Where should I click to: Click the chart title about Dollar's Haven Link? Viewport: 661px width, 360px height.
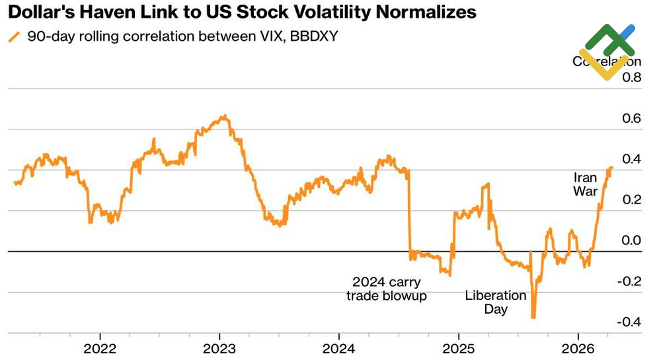[241, 13]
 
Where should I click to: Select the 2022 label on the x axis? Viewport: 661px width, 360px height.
[100, 348]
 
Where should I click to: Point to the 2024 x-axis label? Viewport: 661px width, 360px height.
[340, 348]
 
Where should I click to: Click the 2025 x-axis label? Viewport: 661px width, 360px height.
[459, 348]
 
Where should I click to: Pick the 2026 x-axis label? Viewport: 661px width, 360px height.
[578, 348]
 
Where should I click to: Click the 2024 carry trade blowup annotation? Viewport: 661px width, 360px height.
[387, 289]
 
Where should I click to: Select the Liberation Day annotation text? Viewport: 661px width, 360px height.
[496, 302]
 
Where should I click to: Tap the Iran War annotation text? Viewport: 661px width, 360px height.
[585, 184]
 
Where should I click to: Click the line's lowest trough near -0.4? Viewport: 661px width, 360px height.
[533, 317]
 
